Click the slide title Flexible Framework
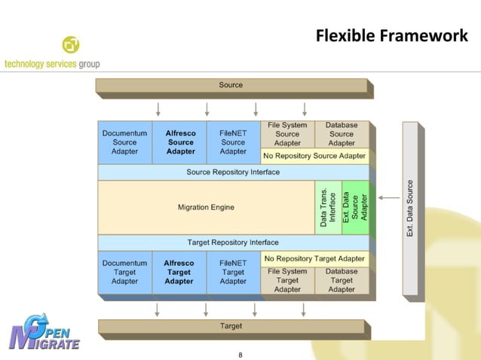point(391,36)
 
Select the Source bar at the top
point(231,86)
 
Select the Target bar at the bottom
point(231,326)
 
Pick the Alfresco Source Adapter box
point(180,142)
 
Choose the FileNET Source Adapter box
point(233,142)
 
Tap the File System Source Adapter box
point(287,134)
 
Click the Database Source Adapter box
point(342,134)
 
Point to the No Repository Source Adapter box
point(314,156)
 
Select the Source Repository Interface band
point(233,172)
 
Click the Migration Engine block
point(206,207)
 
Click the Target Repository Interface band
point(233,243)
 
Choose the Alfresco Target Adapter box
point(179,273)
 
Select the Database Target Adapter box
point(342,280)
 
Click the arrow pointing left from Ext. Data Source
point(389,198)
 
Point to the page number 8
point(240,354)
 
